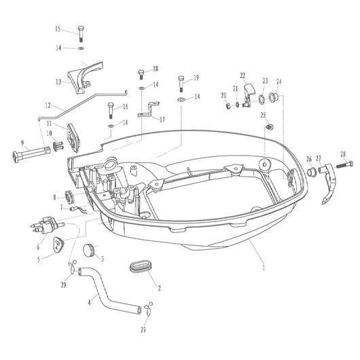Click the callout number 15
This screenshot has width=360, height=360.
pyautogui.click(x=58, y=29)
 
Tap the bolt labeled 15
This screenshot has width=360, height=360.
pyautogui.click(x=80, y=34)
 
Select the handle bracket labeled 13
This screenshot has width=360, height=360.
pyautogui.click(x=85, y=77)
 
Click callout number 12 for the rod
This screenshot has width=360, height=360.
pyautogui.click(x=48, y=105)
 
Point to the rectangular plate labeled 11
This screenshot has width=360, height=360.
pyautogui.click(x=74, y=138)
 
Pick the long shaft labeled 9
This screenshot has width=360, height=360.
pyautogui.click(x=32, y=152)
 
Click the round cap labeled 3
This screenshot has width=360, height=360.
pyautogui.click(x=89, y=250)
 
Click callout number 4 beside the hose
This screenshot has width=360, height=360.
pyautogui.click(x=90, y=302)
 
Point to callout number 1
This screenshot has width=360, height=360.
pyautogui.click(x=264, y=268)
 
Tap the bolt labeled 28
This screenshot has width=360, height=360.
pyautogui.click(x=345, y=164)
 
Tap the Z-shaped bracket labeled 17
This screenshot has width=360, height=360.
pyautogui.click(x=148, y=109)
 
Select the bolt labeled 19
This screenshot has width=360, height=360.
pyautogui.click(x=181, y=84)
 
